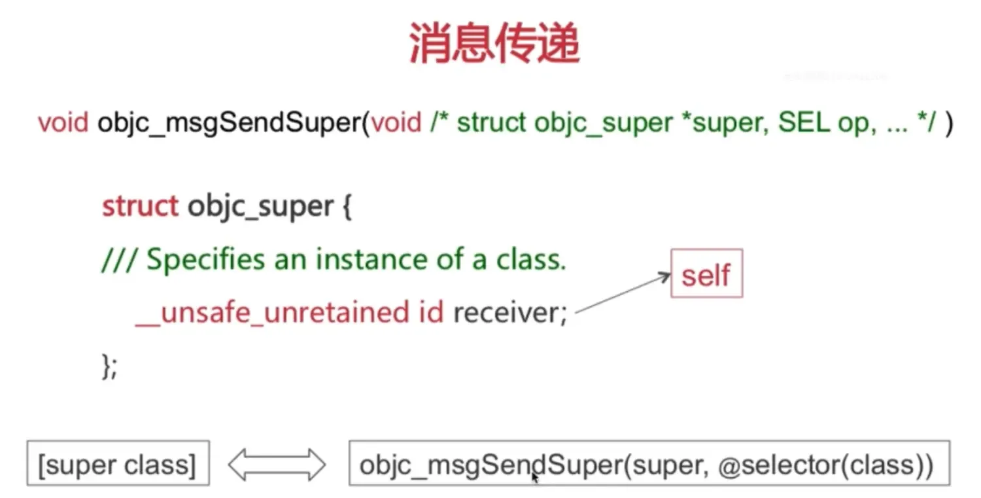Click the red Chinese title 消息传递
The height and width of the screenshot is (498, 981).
[494, 43]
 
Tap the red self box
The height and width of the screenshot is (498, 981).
[706, 273]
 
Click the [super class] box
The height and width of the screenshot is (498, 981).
[118, 463]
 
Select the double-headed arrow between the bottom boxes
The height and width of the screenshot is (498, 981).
[277, 464]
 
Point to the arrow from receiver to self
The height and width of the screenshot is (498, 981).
[623, 293]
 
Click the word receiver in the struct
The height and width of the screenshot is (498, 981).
[506, 313]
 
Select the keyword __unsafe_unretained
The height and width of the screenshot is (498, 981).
[272, 313]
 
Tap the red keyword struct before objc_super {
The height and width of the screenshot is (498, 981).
[140, 205]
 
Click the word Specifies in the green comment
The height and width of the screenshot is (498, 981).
[205, 260]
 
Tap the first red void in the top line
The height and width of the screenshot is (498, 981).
[63, 122]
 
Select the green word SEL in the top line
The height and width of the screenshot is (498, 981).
[804, 122]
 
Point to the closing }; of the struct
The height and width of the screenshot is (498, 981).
[109, 366]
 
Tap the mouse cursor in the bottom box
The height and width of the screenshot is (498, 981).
[535, 478]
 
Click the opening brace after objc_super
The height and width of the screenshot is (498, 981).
[347, 207]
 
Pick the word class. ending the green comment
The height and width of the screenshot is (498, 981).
[531, 259]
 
